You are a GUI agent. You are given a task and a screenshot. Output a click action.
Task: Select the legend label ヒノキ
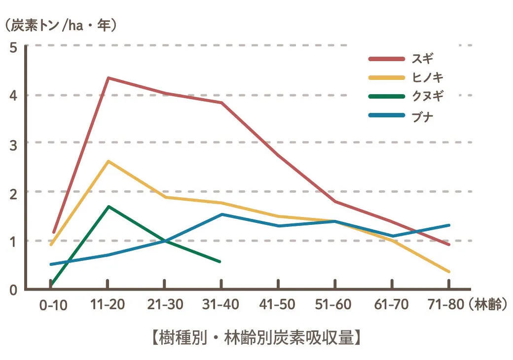point(427,77)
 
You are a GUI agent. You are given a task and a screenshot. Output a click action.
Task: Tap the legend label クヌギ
point(427,97)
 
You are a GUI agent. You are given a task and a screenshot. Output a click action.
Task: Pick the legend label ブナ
point(422,116)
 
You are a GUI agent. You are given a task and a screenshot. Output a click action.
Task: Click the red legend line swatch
point(386,59)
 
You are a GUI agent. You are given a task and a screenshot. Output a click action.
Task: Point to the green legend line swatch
point(386,97)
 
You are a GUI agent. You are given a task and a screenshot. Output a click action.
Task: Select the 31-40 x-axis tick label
point(221,305)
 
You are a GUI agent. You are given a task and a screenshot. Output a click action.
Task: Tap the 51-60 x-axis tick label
point(335,305)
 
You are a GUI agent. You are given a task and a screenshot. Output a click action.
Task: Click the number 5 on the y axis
point(13,48)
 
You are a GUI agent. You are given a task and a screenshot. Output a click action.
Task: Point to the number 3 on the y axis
point(13,144)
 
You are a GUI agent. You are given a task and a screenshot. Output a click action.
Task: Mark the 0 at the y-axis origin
point(13,290)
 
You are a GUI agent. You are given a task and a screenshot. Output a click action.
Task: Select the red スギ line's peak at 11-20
point(108,78)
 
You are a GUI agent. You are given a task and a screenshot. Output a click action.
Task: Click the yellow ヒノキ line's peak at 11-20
point(108,161)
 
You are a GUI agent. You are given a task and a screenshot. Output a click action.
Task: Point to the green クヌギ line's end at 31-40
point(220,261)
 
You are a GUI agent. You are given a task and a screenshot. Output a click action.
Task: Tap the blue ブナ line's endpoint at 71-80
point(449,225)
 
